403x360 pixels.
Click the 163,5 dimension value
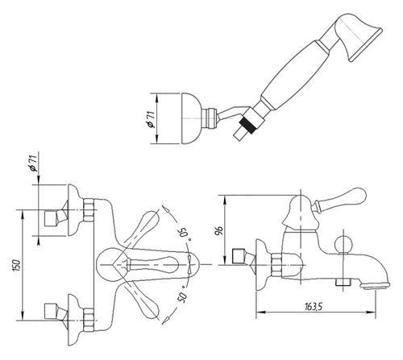click(314, 306)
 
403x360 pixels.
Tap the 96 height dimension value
click(219, 230)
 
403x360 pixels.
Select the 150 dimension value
click(17, 265)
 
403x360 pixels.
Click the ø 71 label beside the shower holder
click(151, 119)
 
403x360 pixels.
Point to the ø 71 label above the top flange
click(33, 163)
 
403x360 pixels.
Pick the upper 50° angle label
click(185, 233)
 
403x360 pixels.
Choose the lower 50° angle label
click(183, 295)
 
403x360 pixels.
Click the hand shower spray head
click(357, 35)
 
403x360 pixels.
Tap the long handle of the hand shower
click(293, 75)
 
